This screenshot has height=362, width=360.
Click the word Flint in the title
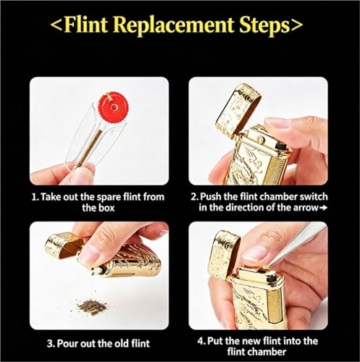(x=86, y=25)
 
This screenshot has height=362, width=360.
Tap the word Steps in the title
(x=264, y=26)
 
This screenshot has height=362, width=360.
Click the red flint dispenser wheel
(x=113, y=107)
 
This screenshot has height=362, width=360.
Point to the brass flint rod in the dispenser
(x=88, y=146)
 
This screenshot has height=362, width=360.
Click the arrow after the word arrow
(x=323, y=208)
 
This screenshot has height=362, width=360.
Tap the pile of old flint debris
(x=92, y=307)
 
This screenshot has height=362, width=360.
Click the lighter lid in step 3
(x=63, y=245)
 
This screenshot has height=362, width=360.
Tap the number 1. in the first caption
(x=35, y=197)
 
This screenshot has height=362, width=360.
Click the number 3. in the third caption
(x=51, y=343)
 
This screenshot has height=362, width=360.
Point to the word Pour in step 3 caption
(x=68, y=343)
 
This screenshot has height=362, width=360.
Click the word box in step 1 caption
(x=106, y=208)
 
